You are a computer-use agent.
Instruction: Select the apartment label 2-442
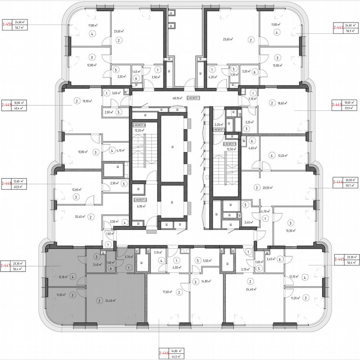pyautogui.click(x=338, y=28)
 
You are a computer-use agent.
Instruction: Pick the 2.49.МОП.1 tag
pyautogui.click(x=194, y=98)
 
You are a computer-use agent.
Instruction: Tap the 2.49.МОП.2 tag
pyautogui.click(x=140, y=200)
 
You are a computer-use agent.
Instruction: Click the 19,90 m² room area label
pyautogui.click(x=87, y=100)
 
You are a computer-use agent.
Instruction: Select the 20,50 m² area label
pyautogui.click(x=267, y=188)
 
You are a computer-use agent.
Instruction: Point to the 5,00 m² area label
pyautogui.click(x=208, y=261)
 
